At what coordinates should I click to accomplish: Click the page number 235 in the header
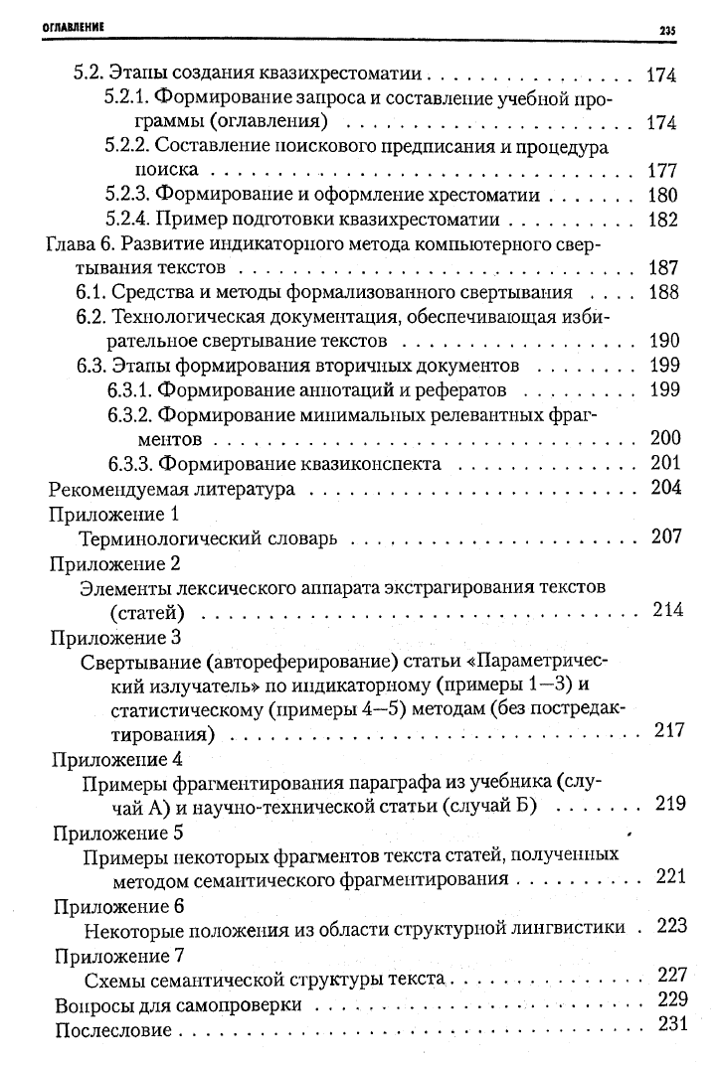[x=666, y=31]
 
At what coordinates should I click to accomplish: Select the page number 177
[x=662, y=170]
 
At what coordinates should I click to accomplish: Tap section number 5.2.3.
[x=127, y=195]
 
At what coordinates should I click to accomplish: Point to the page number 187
[x=662, y=268]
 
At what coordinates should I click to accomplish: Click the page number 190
[x=662, y=341]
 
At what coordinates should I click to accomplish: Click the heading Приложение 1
[x=113, y=514]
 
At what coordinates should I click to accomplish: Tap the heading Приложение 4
[x=115, y=758]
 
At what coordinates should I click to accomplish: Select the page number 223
[x=672, y=926]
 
